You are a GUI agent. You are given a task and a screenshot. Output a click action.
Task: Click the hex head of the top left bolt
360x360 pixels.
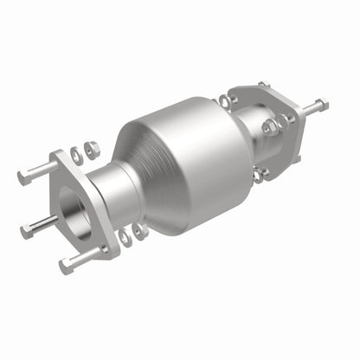[x=22, y=177]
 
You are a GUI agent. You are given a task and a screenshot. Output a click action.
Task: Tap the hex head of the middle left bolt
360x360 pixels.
[x=25, y=231]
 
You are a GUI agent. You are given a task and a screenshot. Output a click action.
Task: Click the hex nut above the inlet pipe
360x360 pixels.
[x=92, y=149]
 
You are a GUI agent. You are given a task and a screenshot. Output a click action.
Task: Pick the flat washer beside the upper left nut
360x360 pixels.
[x=76, y=155]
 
